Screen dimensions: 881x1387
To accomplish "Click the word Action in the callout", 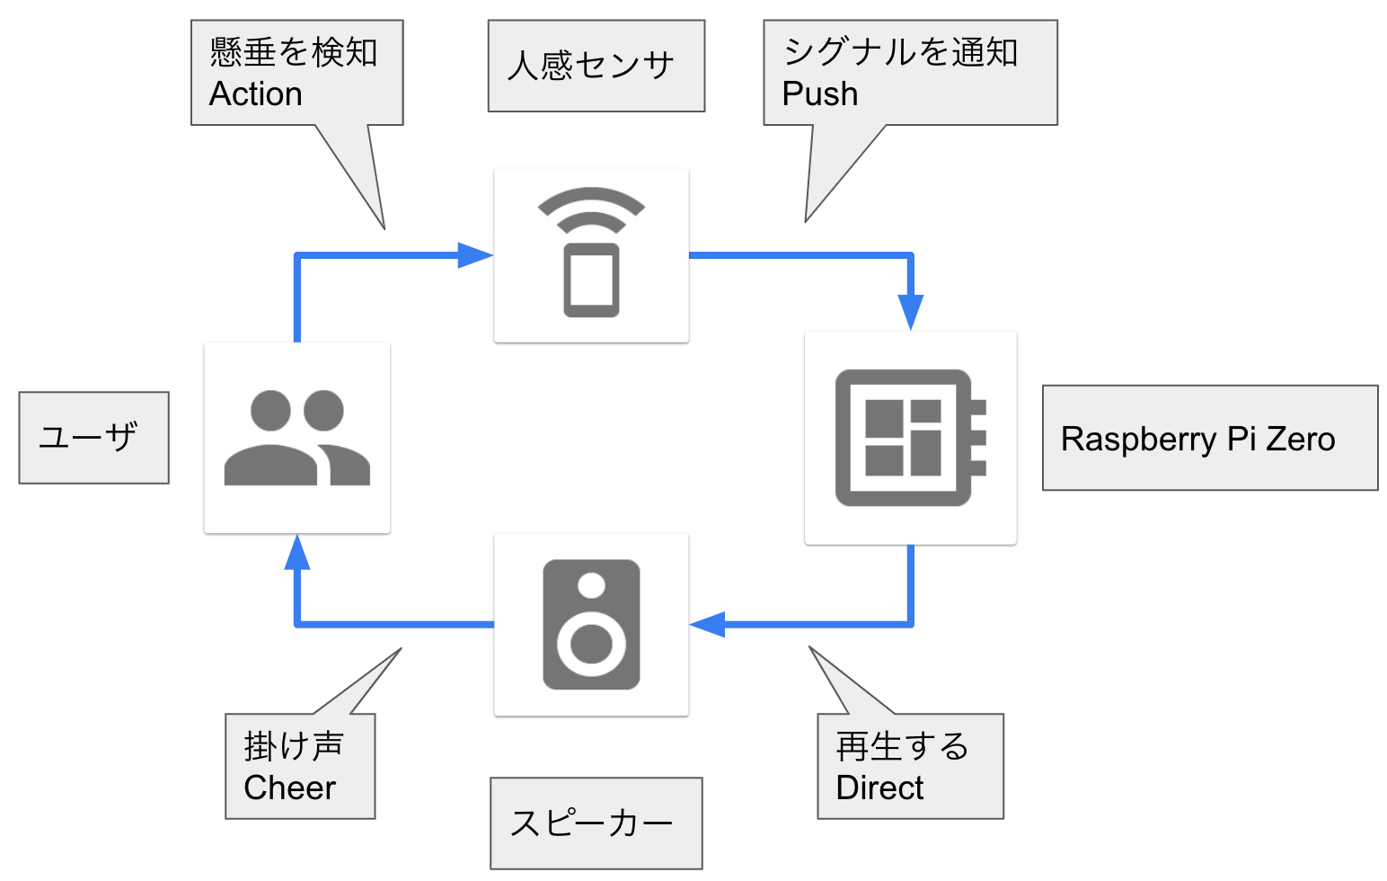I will click(x=255, y=94).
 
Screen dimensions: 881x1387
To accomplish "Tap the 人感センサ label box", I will click(x=596, y=66).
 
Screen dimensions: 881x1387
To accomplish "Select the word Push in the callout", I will click(x=819, y=94).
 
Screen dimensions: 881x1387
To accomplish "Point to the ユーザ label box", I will click(x=93, y=438).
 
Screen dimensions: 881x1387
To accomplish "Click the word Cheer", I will click(x=289, y=788).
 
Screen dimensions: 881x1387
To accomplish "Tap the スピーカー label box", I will click(x=596, y=823).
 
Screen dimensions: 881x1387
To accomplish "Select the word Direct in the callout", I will click(x=879, y=788).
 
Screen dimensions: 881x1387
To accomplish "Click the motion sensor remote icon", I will click(x=591, y=254).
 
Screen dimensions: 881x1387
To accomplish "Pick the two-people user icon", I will click(x=296, y=438).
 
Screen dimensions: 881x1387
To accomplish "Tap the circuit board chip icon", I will click(x=910, y=438).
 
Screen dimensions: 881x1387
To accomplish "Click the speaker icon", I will click(x=591, y=625).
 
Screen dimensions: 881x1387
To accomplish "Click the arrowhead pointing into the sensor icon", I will click(x=474, y=255).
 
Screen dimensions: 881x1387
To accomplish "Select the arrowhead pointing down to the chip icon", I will click(x=911, y=310).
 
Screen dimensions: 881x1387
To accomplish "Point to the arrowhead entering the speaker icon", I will click(x=708, y=624).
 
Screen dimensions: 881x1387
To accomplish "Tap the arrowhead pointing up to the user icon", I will click(x=297, y=553).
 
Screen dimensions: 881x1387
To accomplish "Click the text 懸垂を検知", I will click(x=294, y=53).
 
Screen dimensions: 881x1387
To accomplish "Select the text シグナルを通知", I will click(x=900, y=53).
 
